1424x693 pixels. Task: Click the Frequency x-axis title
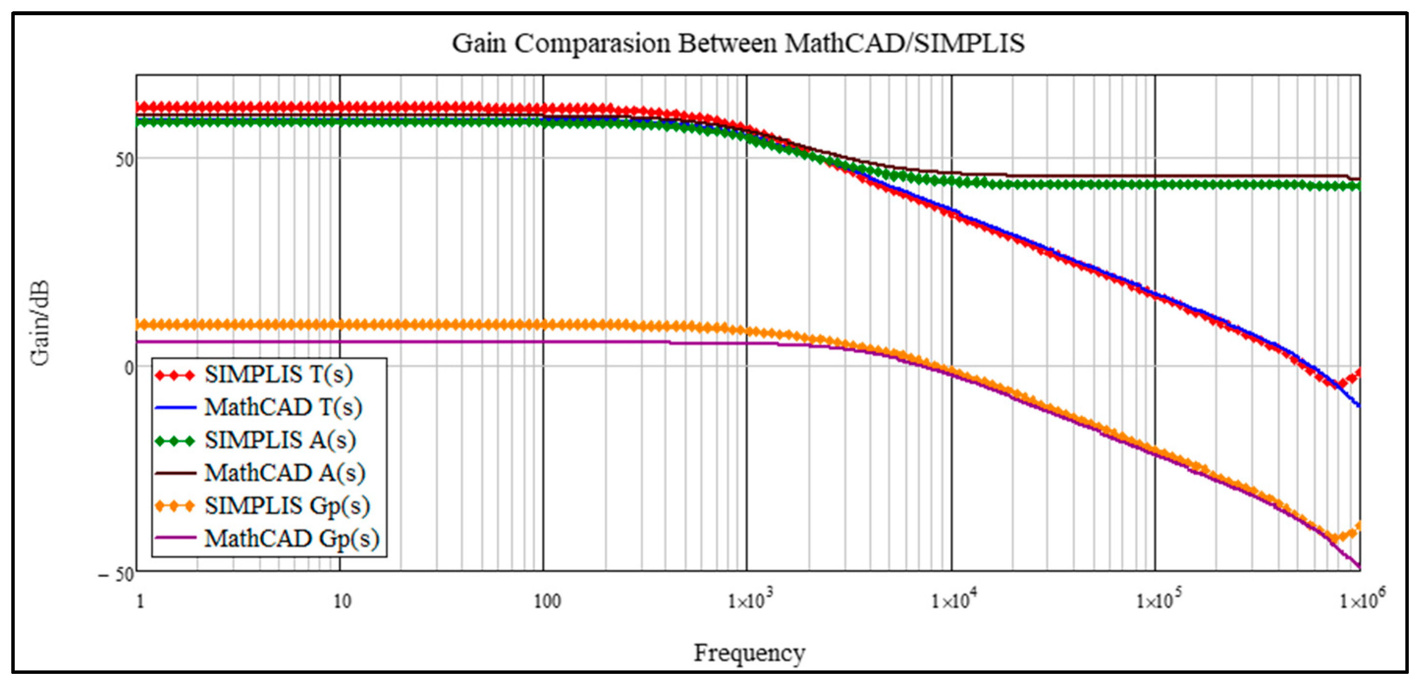(x=749, y=653)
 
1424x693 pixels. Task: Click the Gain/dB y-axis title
(x=40, y=323)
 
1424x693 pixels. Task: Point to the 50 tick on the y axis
(x=124, y=160)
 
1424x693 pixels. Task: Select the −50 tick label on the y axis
(x=117, y=574)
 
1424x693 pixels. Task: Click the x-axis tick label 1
(x=140, y=601)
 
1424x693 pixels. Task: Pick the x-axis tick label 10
(x=342, y=601)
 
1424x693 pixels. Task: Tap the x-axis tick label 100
(x=547, y=601)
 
